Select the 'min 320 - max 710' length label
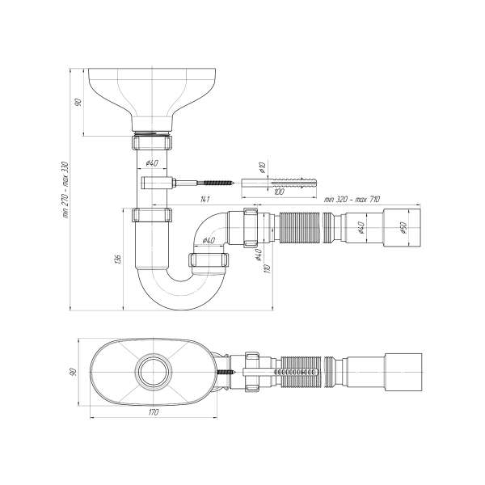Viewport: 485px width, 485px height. (x=352, y=198)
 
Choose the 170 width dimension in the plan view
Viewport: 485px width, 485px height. (x=154, y=412)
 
